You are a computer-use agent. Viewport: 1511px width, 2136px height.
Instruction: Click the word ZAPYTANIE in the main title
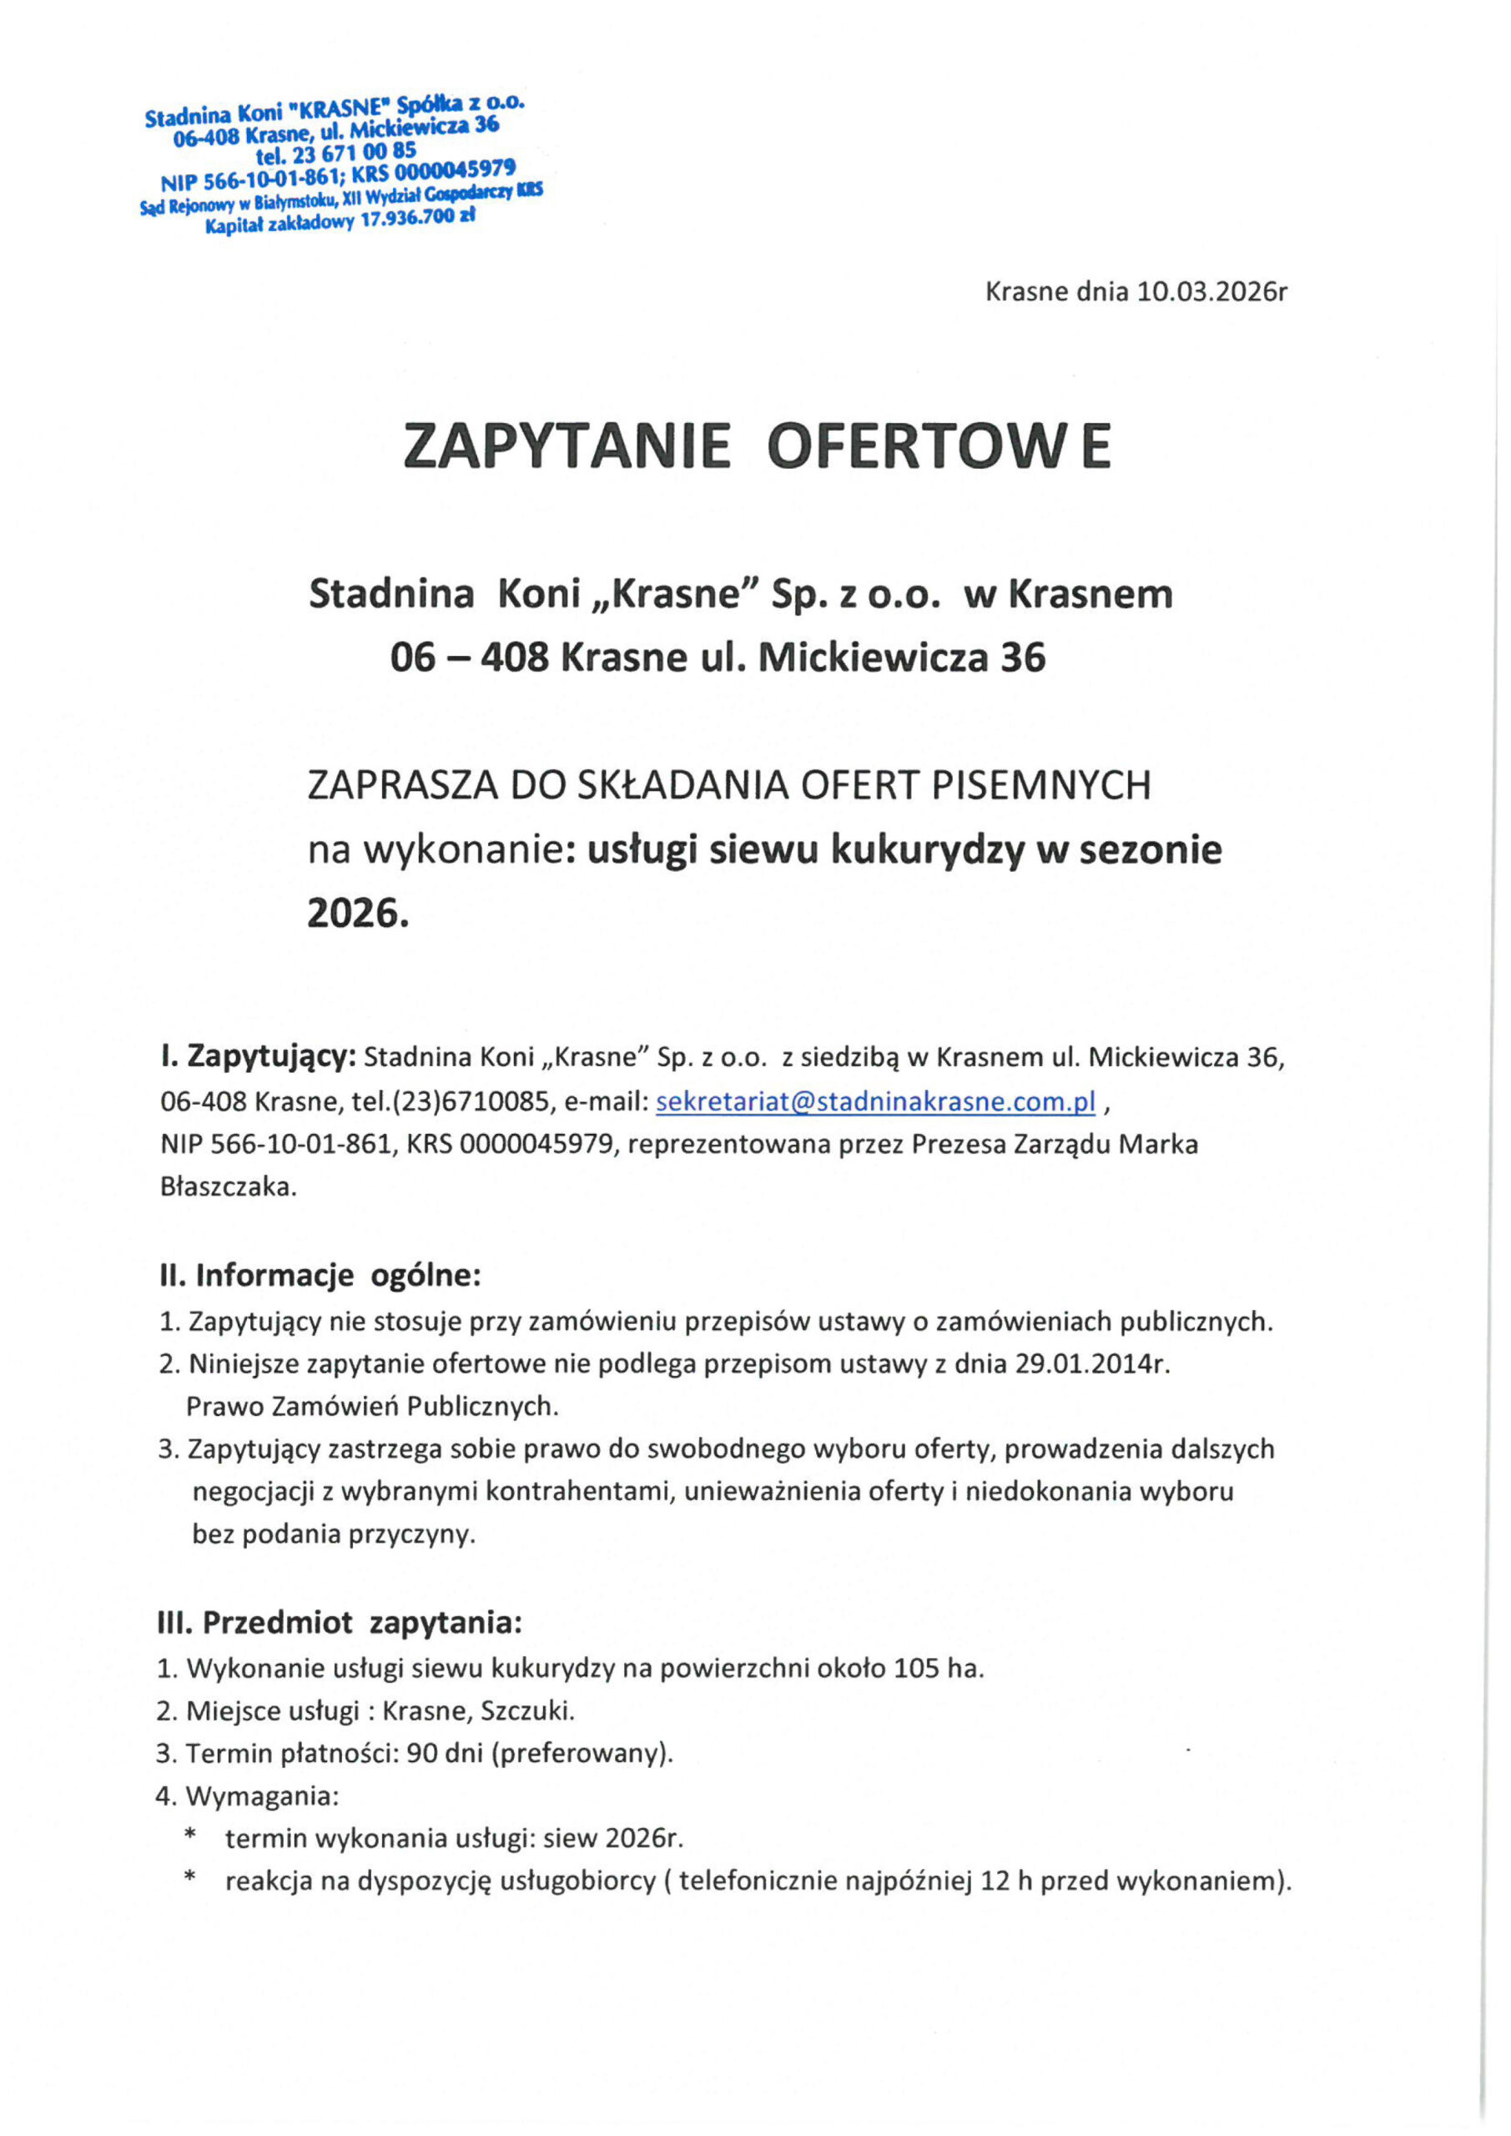tap(567, 447)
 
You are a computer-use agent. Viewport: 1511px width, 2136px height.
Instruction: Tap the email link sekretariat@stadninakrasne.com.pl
tap(875, 1101)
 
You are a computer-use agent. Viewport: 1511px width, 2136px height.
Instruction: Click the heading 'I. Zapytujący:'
tap(258, 1058)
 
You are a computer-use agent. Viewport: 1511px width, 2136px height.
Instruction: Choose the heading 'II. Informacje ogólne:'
tap(320, 1275)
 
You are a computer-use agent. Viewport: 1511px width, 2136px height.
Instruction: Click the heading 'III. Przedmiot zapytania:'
tap(340, 1624)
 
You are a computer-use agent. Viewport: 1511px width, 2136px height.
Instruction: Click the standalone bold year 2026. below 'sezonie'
tap(358, 914)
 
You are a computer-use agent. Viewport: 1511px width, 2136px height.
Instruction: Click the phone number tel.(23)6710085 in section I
tap(451, 1102)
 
